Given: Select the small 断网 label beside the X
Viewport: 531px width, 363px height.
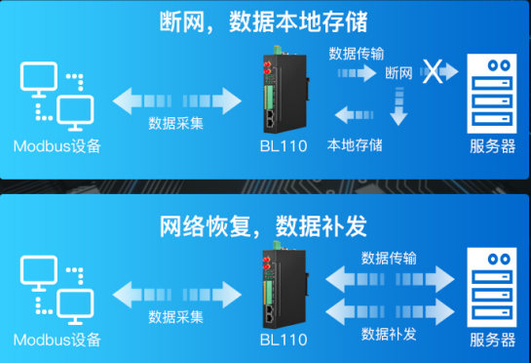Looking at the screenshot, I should (x=398, y=72).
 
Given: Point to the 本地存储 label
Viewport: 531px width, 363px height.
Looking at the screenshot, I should (x=355, y=145).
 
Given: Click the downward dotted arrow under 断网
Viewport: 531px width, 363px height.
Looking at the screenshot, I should (x=398, y=103).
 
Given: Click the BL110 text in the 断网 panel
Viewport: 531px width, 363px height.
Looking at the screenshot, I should (x=284, y=146).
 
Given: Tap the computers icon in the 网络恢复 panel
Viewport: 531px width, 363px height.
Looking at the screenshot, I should (x=56, y=288).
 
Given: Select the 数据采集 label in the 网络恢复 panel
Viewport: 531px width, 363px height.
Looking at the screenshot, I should (x=175, y=317).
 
